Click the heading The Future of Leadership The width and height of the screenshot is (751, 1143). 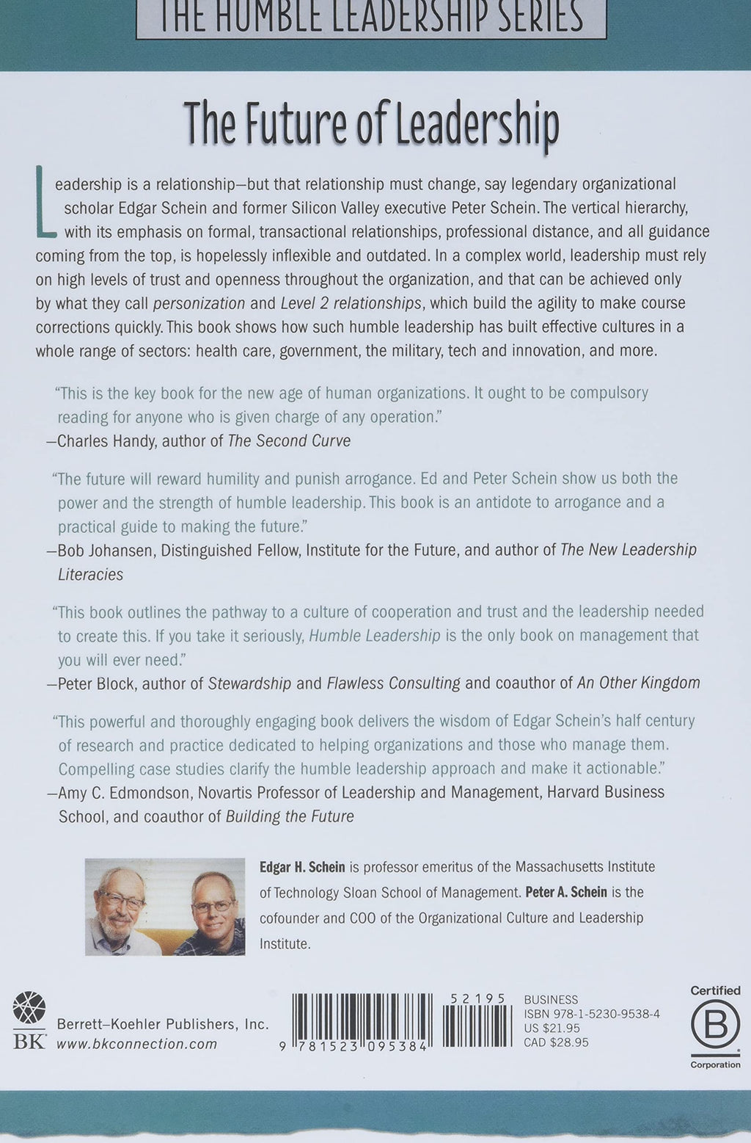(x=371, y=126)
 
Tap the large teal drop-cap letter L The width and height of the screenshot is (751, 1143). (x=45, y=203)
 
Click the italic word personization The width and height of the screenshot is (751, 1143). (x=199, y=303)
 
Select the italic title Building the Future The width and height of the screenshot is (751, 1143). (x=290, y=817)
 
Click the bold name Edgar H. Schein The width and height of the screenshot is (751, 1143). (x=302, y=867)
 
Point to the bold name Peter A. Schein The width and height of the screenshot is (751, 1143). (x=566, y=893)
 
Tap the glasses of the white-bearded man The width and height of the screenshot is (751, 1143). (x=122, y=900)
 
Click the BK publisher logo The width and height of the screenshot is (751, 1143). (x=29, y=1020)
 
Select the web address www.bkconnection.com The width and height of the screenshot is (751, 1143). (x=137, y=1044)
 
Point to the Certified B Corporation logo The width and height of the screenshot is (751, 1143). (x=715, y=1026)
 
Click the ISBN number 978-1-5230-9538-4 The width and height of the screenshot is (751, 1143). (x=592, y=1014)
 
